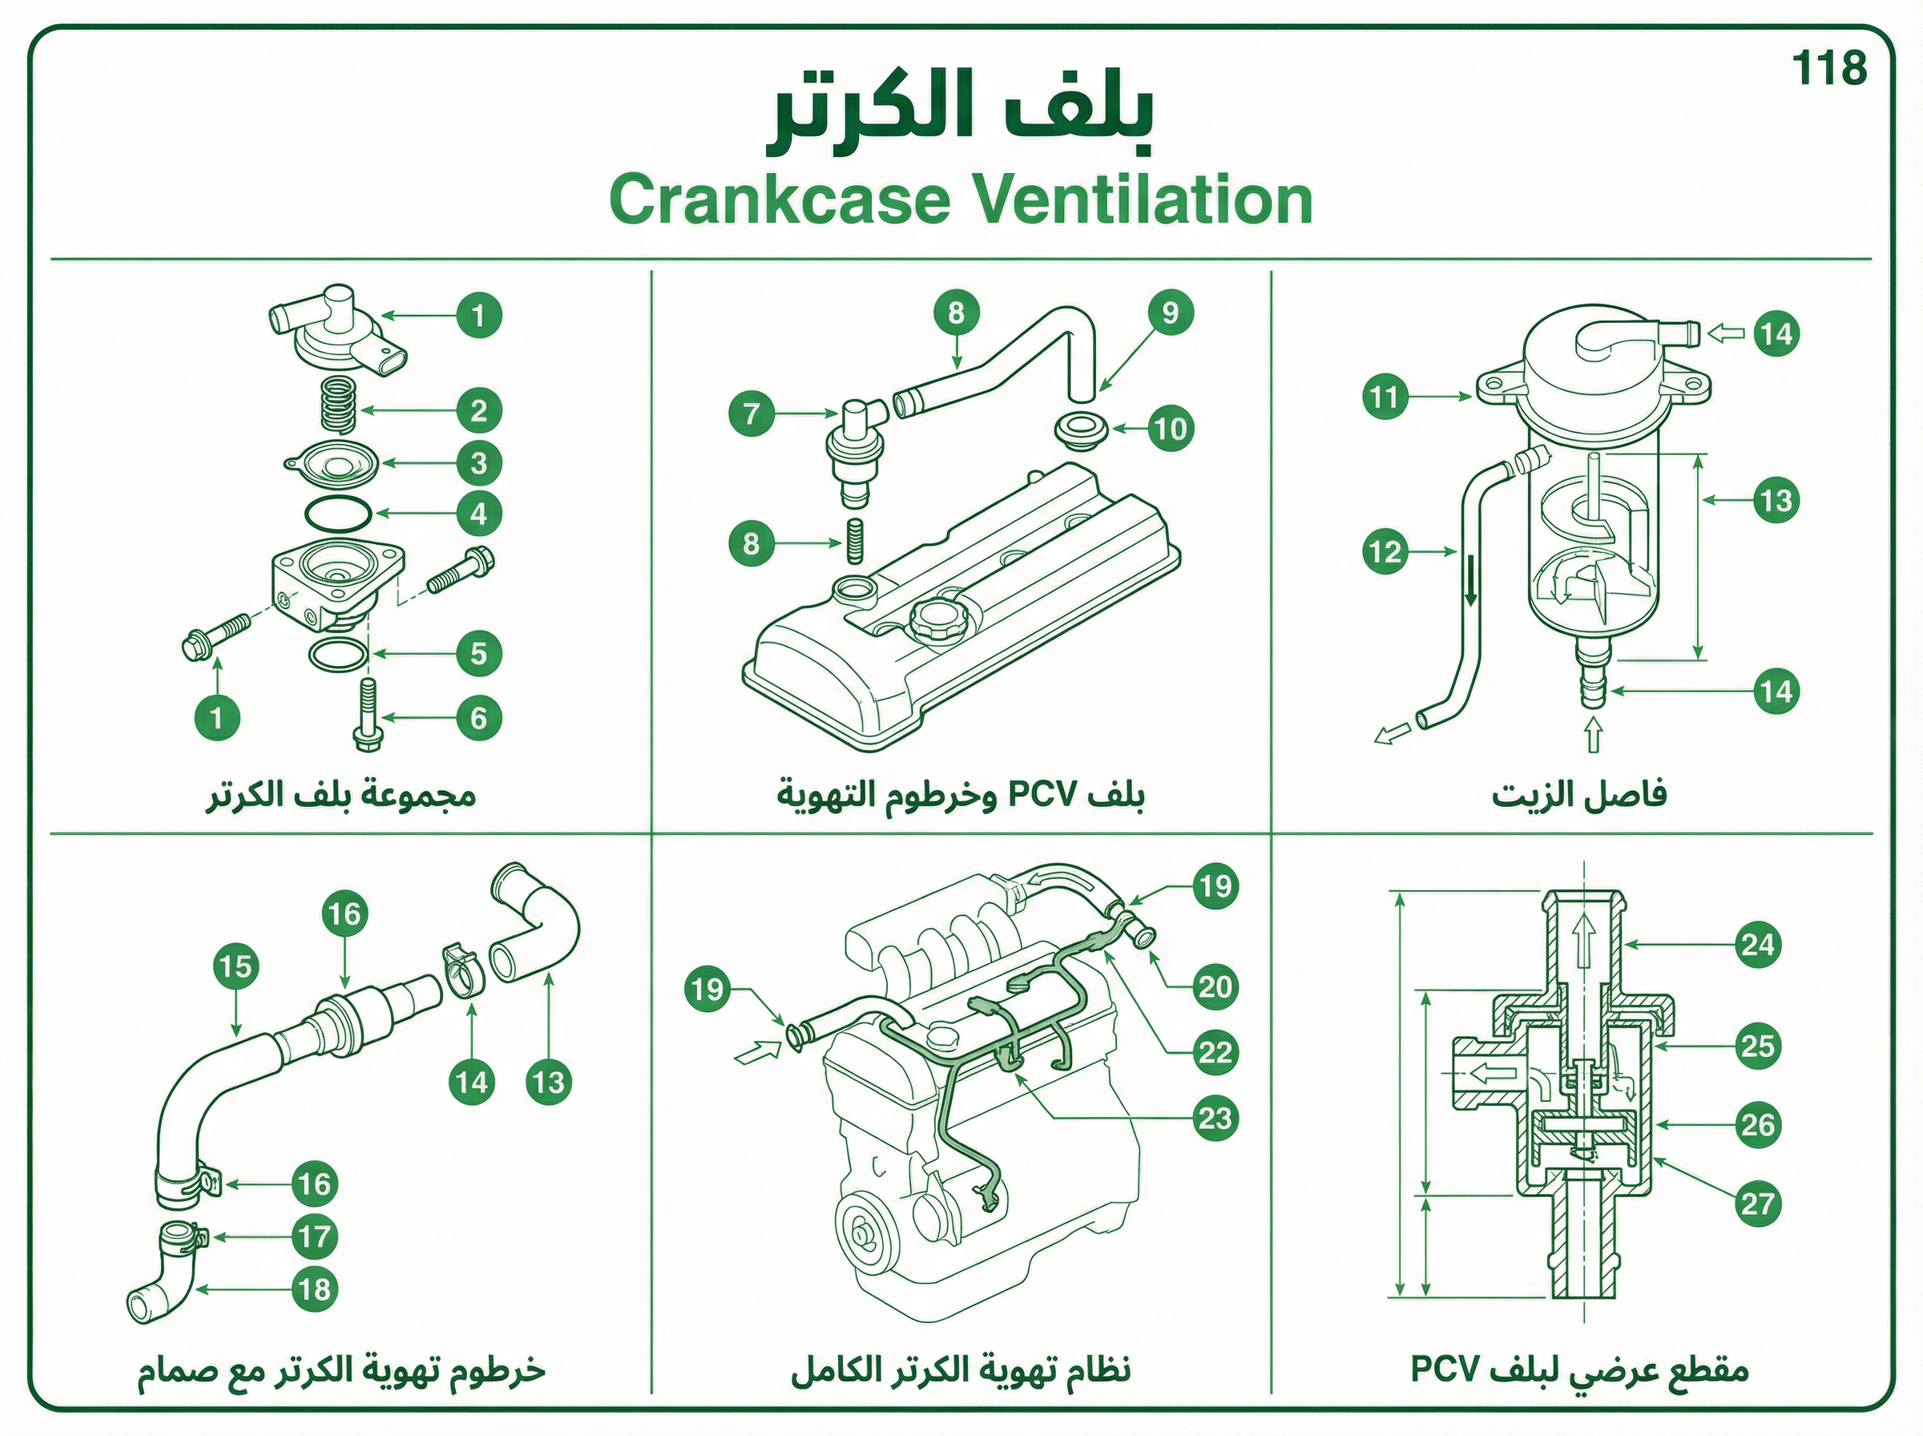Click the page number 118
[x=1829, y=68]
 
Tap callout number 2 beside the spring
[x=479, y=410]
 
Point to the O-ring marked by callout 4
[x=338, y=513]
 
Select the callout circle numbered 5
[x=479, y=654]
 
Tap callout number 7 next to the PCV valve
[x=752, y=413]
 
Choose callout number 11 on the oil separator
[x=1385, y=397]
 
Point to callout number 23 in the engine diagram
[x=1215, y=1118]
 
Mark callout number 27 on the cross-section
[x=1757, y=1204]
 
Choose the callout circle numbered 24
[x=1757, y=945]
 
